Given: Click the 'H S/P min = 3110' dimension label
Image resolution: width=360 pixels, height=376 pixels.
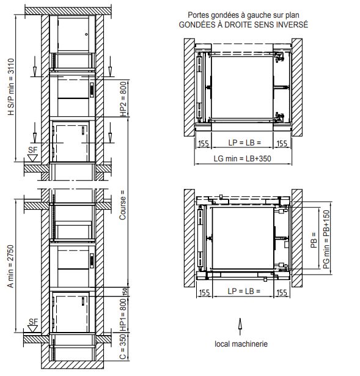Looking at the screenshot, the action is click(x=11, y=87).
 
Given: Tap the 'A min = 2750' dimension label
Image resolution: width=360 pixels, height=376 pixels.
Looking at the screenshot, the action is click(x=10, y=266).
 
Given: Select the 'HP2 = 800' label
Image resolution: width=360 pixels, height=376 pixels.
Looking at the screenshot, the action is click(x=123, y=99).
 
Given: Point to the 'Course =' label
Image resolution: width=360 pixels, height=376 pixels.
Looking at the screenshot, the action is click(x=122, y=205).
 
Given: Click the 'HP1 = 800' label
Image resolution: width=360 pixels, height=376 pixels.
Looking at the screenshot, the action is click(x=123, y=315).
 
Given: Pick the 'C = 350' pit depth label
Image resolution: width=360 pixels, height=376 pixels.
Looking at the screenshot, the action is click(x=123, y=347).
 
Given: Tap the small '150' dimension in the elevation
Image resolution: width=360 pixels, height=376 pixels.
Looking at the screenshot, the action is click(x=125, y=292).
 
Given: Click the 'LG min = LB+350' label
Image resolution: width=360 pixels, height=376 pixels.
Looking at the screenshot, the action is click(x=242, y=158).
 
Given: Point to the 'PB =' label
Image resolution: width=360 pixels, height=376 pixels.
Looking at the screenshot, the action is click(x=314, y=240).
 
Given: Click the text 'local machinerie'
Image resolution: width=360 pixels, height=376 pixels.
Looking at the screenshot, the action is click(x=241, y=344).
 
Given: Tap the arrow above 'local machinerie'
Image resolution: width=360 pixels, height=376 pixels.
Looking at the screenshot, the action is click(x=240, y=326).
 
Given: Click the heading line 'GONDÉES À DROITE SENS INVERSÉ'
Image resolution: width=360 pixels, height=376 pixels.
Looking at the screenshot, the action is click(x=243, y=24).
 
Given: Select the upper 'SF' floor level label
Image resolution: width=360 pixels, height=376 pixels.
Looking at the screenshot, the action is click(x=33, y=150).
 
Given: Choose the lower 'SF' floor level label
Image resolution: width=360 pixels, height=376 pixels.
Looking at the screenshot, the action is click(x=34, y=322).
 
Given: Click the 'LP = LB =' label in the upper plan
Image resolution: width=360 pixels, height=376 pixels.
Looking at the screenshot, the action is click(x=244, y=142).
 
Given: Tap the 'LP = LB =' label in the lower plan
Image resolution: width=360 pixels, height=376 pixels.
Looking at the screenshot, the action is click(x=244, y=291).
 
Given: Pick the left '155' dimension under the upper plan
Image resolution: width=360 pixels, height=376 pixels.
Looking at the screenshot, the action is click(x=204, y=144).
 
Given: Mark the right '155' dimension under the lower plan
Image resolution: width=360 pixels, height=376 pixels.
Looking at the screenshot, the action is click(x=282, y=292).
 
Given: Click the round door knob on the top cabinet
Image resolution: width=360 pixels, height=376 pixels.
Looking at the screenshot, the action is click(x=86, y=34).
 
